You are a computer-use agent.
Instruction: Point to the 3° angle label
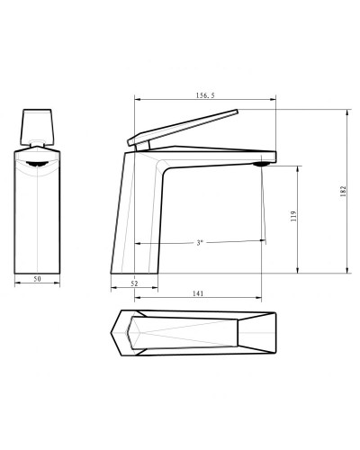[199, 243]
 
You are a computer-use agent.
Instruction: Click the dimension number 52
[134, 283]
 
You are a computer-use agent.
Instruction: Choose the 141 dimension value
[197, 293]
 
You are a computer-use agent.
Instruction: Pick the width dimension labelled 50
[38, 280]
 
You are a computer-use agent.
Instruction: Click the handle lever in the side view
[189, 126]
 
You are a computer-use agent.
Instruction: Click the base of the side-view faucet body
[133, 271]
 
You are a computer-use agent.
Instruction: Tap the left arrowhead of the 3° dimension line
[137, 243]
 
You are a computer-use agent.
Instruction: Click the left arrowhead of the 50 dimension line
[18, 285]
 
